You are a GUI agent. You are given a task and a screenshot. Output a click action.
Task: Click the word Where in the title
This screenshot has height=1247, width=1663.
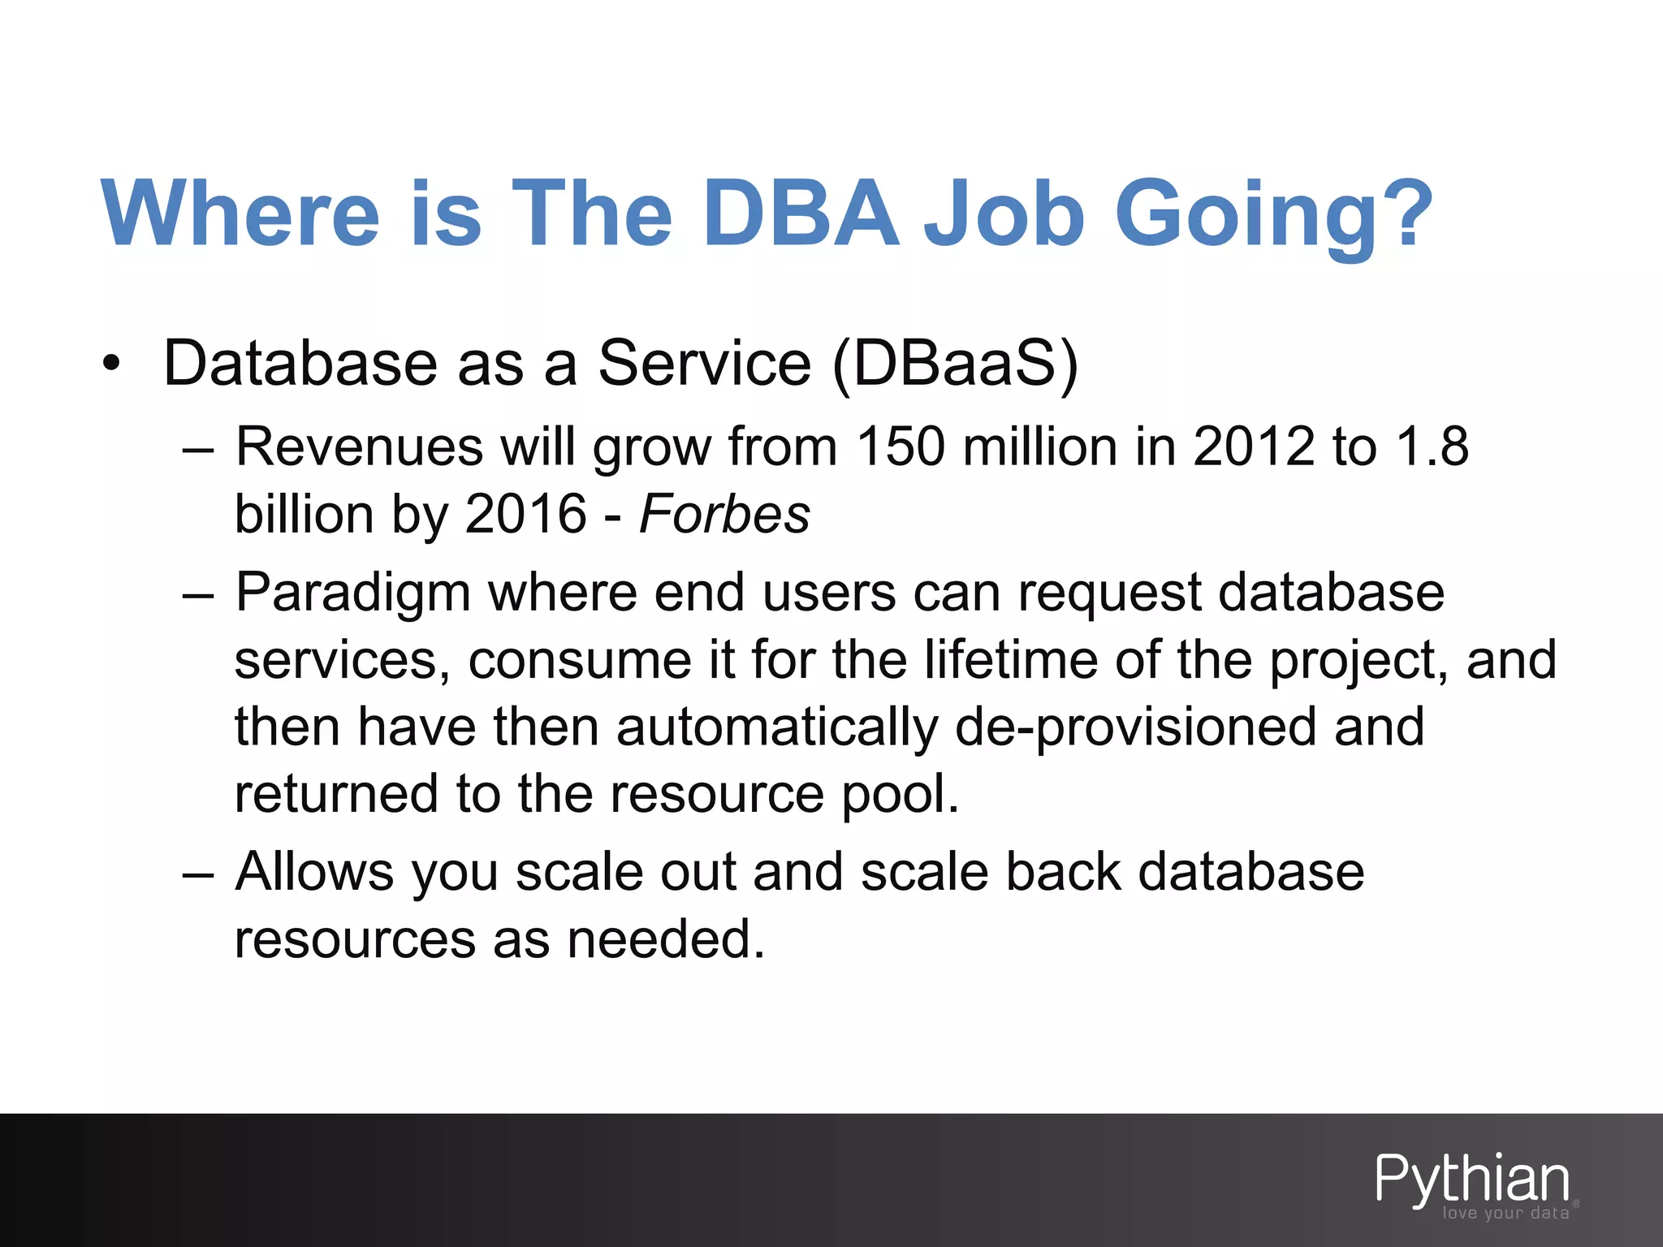[x=240, y=213]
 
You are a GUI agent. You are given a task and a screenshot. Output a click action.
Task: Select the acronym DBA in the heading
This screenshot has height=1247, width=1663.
[x=801, y=213]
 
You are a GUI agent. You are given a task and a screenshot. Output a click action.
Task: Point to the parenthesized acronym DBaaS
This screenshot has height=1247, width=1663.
[x=956, y=363]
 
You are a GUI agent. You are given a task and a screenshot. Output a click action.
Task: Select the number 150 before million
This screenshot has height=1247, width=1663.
[x=901, y=447]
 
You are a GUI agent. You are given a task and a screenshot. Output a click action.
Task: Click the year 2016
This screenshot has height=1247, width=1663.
[x=525, y=514]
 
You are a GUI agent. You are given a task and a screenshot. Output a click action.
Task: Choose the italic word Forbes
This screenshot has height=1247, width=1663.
[x=724, y=514]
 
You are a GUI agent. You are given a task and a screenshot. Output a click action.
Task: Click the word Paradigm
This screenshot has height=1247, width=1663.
[x=353, y=592]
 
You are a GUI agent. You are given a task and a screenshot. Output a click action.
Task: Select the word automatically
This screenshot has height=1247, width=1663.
[x=777, y=727]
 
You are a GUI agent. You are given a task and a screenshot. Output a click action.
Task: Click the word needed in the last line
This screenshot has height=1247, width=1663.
[x=666, y=939]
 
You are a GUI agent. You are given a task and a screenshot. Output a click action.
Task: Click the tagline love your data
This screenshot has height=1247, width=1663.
[x=1505, y=1213]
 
